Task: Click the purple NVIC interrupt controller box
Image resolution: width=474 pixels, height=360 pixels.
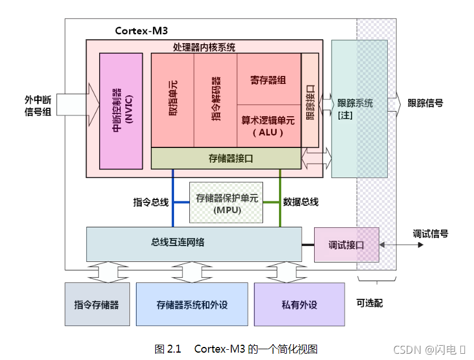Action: [x=121, y=111]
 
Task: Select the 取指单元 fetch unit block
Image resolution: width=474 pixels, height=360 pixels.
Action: [x=172, y=100]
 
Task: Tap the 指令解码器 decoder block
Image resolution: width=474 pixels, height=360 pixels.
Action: [x=215, y=100]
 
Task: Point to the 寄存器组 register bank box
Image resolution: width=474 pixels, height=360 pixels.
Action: [x=269, y=79]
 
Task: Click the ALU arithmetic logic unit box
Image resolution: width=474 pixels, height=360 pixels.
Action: [x=269, y=126]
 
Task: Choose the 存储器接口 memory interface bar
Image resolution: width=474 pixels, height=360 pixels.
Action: [x=226, y=158]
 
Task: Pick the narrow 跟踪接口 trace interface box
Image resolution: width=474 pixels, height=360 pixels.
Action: [x=310, y=100]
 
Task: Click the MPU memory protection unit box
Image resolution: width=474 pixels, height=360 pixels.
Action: [x=226, y=202]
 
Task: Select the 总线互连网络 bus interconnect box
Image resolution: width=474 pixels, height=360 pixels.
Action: [x=194, y=244]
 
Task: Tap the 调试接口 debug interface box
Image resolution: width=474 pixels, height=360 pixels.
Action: [x=346, y=244]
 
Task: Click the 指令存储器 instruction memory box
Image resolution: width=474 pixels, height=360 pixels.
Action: [x=98, y=304]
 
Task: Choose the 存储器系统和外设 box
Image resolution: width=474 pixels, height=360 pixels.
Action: [x=192, y=304]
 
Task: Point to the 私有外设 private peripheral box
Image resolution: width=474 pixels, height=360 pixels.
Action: [x=299, y=304]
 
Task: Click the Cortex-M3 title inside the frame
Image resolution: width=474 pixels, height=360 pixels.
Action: [x=142, y=31]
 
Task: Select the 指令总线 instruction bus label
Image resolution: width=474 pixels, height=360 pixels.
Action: [x=151, y=202]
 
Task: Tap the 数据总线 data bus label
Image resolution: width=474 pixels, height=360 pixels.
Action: [x=301, y=202]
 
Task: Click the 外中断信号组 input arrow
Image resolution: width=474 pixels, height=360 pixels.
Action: [x=78, y=104]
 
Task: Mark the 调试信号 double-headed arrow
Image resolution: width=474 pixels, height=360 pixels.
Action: [x=401, y=245]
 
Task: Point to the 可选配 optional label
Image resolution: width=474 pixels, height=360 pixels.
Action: [x=370, y=303]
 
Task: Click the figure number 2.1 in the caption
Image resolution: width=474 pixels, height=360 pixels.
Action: [x=173, y=349]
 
